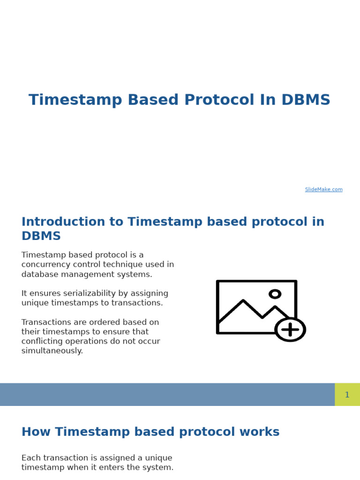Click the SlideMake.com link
pos(323,189)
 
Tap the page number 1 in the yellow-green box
pos(347,395)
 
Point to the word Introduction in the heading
pos(63,221)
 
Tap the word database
pos(40,274)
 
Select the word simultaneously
pos(52,351)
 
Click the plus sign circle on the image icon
pos(290,330)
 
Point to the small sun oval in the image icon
pos(275,294)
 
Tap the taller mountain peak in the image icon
pos(243,300)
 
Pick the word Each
pos(31,457)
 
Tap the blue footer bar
pos(167,395)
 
